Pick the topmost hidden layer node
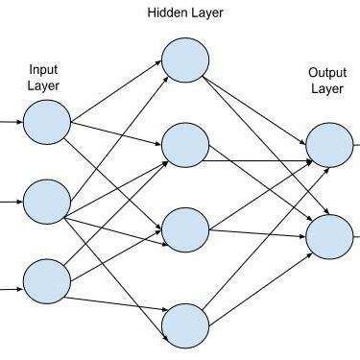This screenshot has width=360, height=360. click(185, 60)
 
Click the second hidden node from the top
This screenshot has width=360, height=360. click(185, 146)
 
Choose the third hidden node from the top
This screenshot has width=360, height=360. click(185, 230)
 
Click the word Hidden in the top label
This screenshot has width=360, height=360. click(167, 13)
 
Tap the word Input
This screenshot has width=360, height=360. click(45, 70)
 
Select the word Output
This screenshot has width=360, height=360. click(327, 72)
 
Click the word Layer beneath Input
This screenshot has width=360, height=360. click(45, 85)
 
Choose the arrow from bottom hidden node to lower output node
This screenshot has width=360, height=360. click(259, 279)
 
